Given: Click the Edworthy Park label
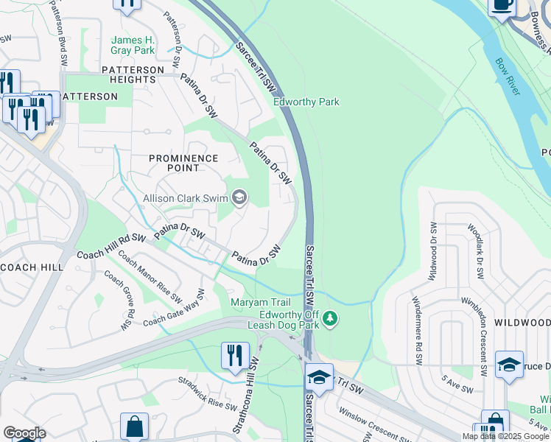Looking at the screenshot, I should click(x=306, y=102).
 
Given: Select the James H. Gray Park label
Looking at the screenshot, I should click(x=133, y=45).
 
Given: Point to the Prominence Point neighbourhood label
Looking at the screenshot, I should click(x=183, y=163).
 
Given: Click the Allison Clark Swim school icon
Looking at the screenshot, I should click(x=239, y=197).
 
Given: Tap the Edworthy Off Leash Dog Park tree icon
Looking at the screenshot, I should click(x=331, y=318).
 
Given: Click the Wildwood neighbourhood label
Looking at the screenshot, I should click(x=522, y=323).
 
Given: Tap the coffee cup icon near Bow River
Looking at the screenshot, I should click(x=502, y=6).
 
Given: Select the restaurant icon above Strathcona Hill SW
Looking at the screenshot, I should click(x=235, y=354).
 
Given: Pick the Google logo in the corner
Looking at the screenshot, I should click(x=24, y=433).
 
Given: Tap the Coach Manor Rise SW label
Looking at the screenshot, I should click(x=150, y=278).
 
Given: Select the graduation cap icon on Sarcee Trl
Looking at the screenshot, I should click(x=319, y=376).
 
